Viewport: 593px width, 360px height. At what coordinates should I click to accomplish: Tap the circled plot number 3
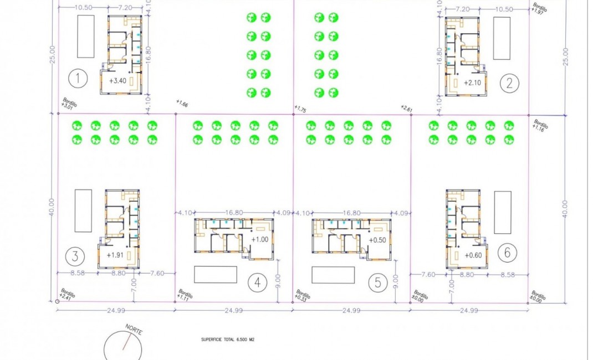tap(75, 256)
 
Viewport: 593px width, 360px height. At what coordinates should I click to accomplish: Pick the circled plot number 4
tap(257, 283)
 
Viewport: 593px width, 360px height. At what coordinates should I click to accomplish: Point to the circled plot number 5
tap(378, 283)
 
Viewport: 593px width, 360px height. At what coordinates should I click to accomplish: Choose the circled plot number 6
tap(507, 253)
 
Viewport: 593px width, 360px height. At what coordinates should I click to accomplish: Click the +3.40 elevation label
tap(119, 81)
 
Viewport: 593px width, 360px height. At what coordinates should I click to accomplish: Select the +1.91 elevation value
tap(115, 255)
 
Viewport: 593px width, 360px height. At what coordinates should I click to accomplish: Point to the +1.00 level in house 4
tap(260, 239)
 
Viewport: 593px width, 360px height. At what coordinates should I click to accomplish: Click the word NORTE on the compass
tap(134, 331)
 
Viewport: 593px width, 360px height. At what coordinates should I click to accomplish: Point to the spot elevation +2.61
tap(407, 109)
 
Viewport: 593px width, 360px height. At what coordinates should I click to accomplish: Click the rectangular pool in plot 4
tap(216, 274)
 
